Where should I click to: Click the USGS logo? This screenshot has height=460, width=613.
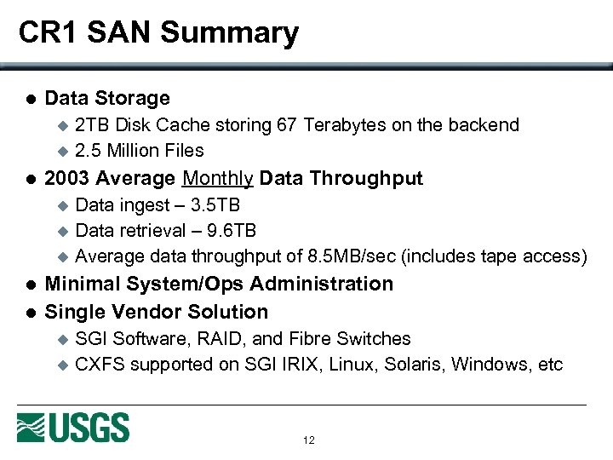click(73, 427)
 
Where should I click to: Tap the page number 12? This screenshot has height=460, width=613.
click(308, 440)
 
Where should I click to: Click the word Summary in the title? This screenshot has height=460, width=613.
click(229, 33)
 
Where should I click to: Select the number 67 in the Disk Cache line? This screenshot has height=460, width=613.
click(287, 125)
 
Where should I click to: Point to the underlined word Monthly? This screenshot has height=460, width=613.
click(218, 178)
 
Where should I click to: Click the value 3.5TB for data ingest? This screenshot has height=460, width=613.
click(215, 205)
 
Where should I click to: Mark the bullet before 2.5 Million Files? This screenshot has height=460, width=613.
click(60, 152)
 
